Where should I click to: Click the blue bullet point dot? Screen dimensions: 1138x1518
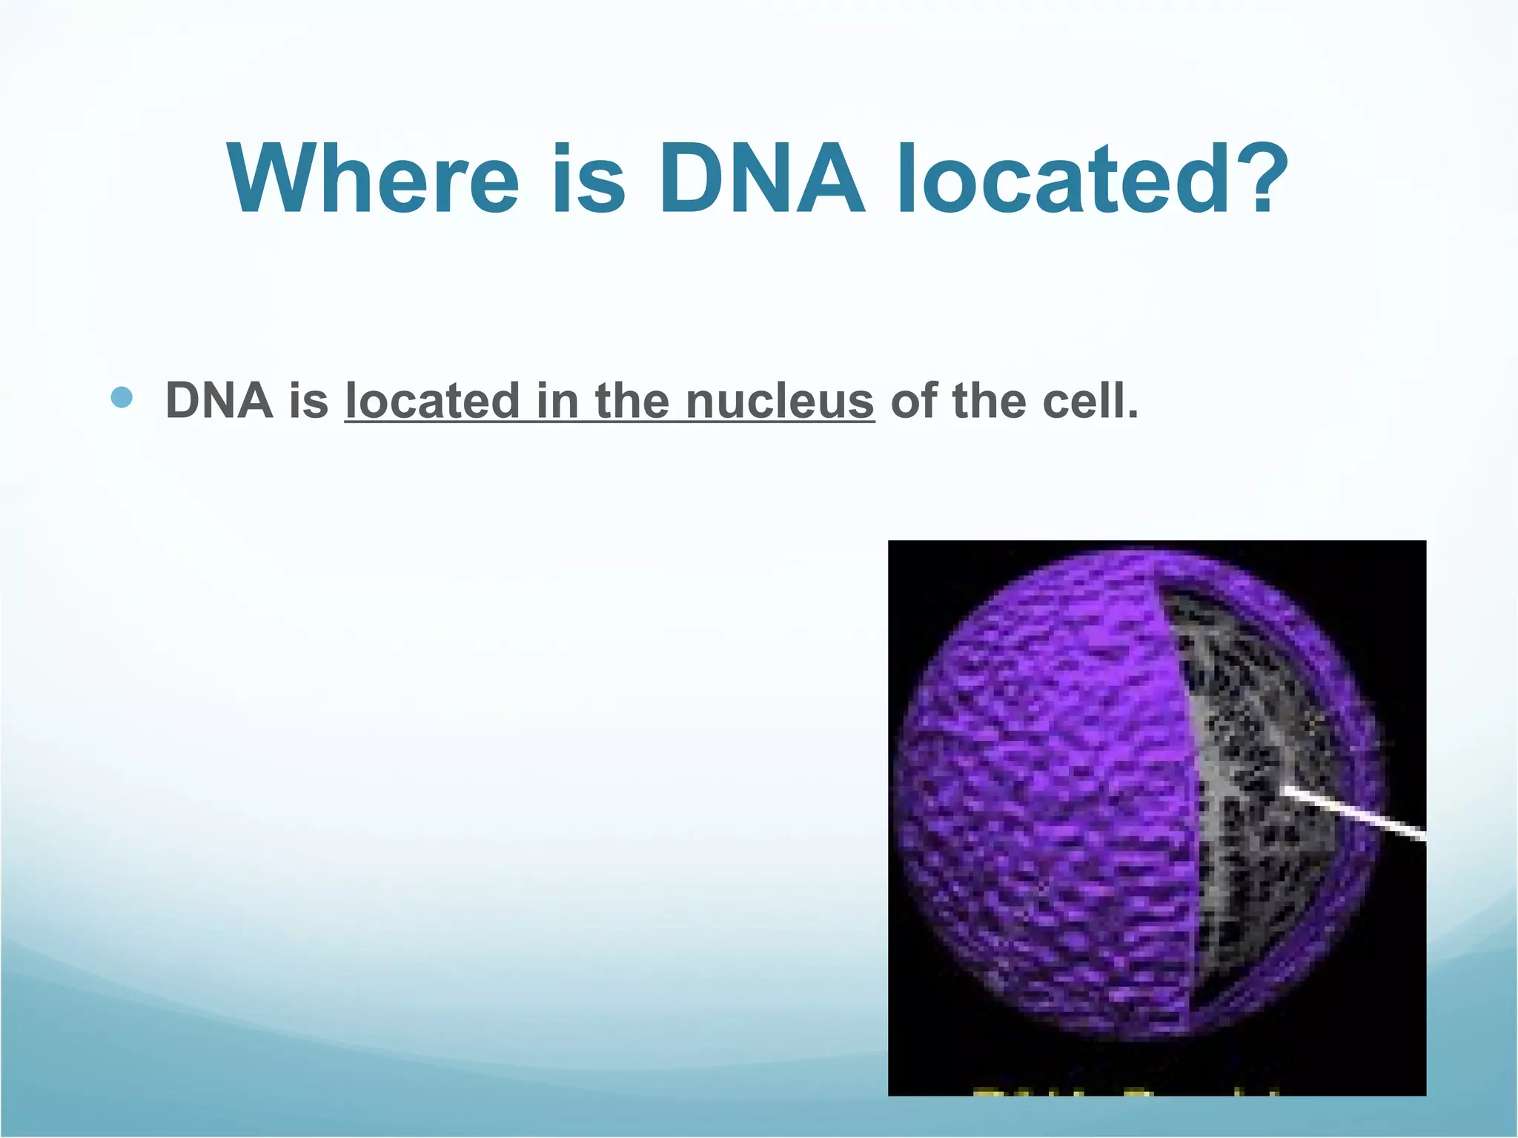[x=122, y=398]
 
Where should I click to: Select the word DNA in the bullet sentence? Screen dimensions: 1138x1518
[x=219, y=401]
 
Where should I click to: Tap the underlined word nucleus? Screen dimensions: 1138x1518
[x=780, y=401]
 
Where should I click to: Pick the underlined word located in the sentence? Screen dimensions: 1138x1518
[x=432, y=401]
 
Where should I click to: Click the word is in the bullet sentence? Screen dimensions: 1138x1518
[x=308, y=401]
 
